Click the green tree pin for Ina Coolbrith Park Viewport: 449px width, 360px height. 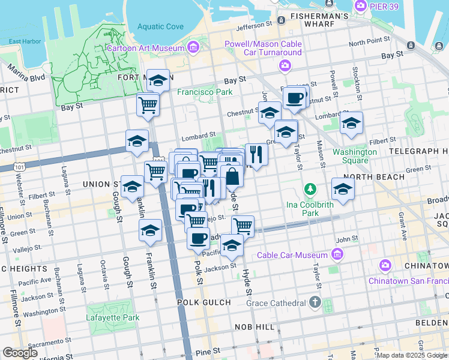point(310,190)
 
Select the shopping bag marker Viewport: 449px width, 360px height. point(232,177)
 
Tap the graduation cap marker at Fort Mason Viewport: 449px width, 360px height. point(158,80)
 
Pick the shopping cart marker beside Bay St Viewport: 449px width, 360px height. point(148,105)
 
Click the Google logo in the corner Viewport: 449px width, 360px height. point(20,353)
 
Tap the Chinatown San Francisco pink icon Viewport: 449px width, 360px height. point(385,265)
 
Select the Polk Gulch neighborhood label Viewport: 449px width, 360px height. point(200,303)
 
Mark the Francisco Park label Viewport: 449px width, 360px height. point(204,92)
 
